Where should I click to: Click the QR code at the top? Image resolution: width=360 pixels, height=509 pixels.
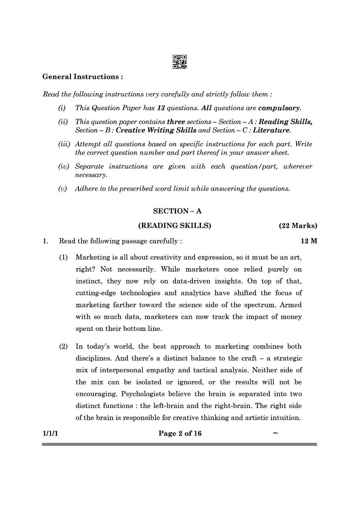tap(180, 62)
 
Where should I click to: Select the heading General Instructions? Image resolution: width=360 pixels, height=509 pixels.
tap(82, 77)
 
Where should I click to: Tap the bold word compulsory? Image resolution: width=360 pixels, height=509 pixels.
tap(279, 108)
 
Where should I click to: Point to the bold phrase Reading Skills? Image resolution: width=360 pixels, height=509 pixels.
tap(286, 122)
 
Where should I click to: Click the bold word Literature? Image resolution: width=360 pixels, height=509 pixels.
tap(271, 130)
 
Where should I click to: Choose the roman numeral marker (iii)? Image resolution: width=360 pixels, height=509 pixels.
tap(64, 144)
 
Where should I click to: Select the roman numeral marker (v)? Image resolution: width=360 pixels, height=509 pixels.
tap(63, 189)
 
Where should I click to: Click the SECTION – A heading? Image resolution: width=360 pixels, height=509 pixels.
tap(177, 211)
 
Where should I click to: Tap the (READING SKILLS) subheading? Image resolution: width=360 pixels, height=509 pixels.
tap(175, 226)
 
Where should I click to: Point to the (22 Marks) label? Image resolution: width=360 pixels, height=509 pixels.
tap(298, 226)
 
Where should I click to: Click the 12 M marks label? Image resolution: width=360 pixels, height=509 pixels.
tap(309, 241)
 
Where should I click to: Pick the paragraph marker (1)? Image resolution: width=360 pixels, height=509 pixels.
tap(64, 257)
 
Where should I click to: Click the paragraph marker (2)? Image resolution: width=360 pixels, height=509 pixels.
tap(64, 347)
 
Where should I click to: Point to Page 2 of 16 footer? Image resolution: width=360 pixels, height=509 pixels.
tap(180, 433)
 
